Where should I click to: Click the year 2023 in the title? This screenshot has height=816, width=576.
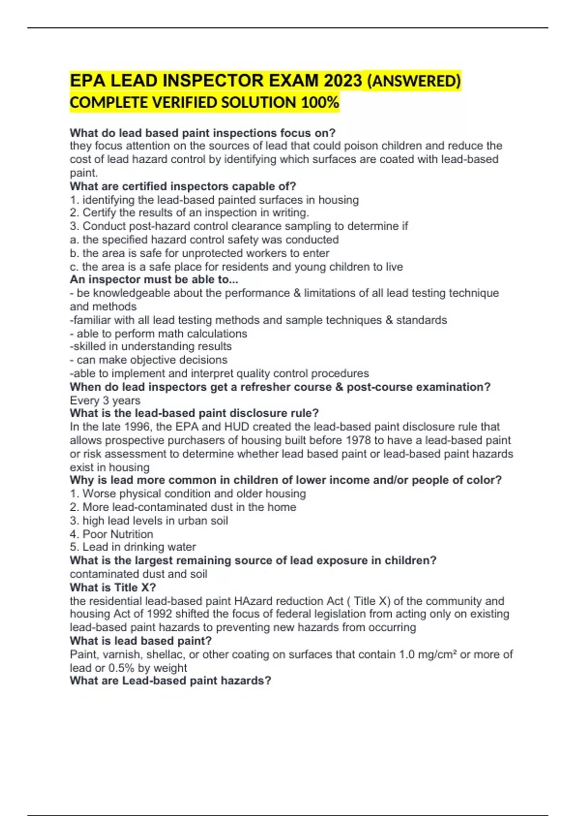pos(343,81)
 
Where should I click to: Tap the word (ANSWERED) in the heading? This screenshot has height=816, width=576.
pos(413,81)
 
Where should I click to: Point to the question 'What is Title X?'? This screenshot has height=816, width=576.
pos(113,587)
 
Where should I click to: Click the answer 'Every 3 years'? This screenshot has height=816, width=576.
pos(105,400)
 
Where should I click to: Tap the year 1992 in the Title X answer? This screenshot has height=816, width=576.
pos(162,614)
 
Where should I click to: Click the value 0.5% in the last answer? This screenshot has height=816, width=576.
pos(121,668)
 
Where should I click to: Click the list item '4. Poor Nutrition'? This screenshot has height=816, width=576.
pos(111,534)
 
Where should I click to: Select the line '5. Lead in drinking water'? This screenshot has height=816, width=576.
pos(132,547)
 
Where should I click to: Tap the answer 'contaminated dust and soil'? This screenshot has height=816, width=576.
pos(138,574)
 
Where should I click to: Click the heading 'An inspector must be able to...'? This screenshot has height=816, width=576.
pos(154,279)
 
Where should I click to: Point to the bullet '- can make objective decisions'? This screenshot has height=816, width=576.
pos(148,360)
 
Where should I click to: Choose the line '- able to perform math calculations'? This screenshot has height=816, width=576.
pos(158,333)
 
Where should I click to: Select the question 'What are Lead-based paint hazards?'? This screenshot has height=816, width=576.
pos(170,681)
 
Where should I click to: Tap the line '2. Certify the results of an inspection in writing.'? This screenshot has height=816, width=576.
pos(189,213)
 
